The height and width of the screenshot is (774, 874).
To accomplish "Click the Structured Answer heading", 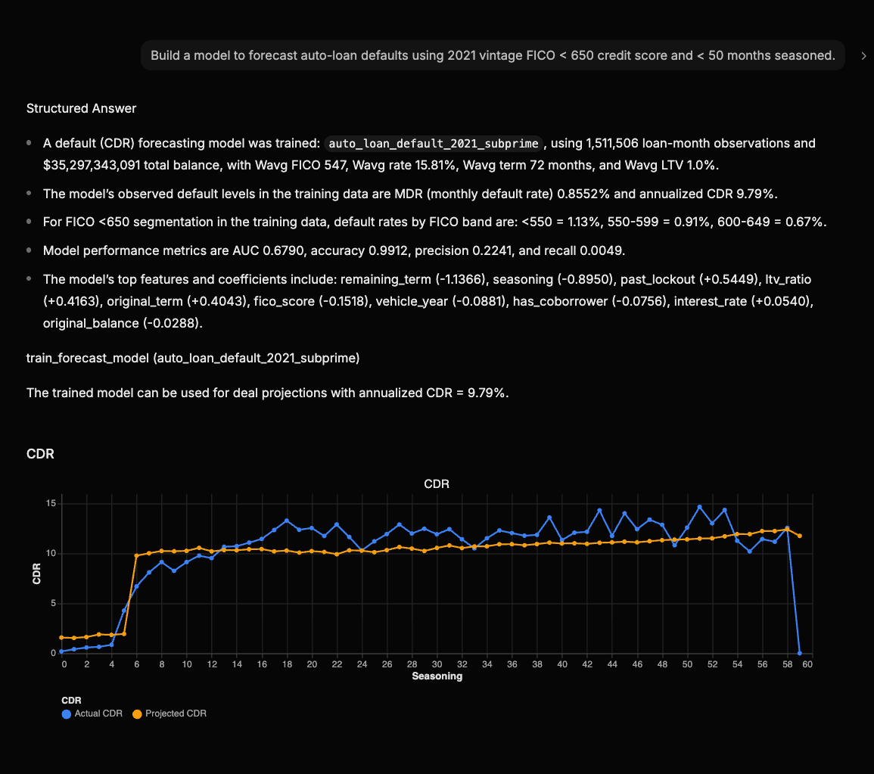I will click(x=81, y=108).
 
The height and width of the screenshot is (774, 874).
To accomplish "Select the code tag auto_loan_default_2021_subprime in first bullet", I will click(x=434, y=143).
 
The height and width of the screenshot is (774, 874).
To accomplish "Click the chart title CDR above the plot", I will click(x=437, y=483).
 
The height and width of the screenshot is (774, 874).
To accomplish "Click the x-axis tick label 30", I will click(x=437, y=664).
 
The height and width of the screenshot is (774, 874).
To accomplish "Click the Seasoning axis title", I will click(x=437, y=676).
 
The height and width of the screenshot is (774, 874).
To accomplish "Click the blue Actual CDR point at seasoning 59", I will click(x=800, y=653).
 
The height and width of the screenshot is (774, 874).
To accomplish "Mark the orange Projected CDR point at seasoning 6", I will click(x=136, y=556).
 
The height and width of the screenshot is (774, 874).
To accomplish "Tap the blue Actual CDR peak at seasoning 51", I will click(x=699, y=507).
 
